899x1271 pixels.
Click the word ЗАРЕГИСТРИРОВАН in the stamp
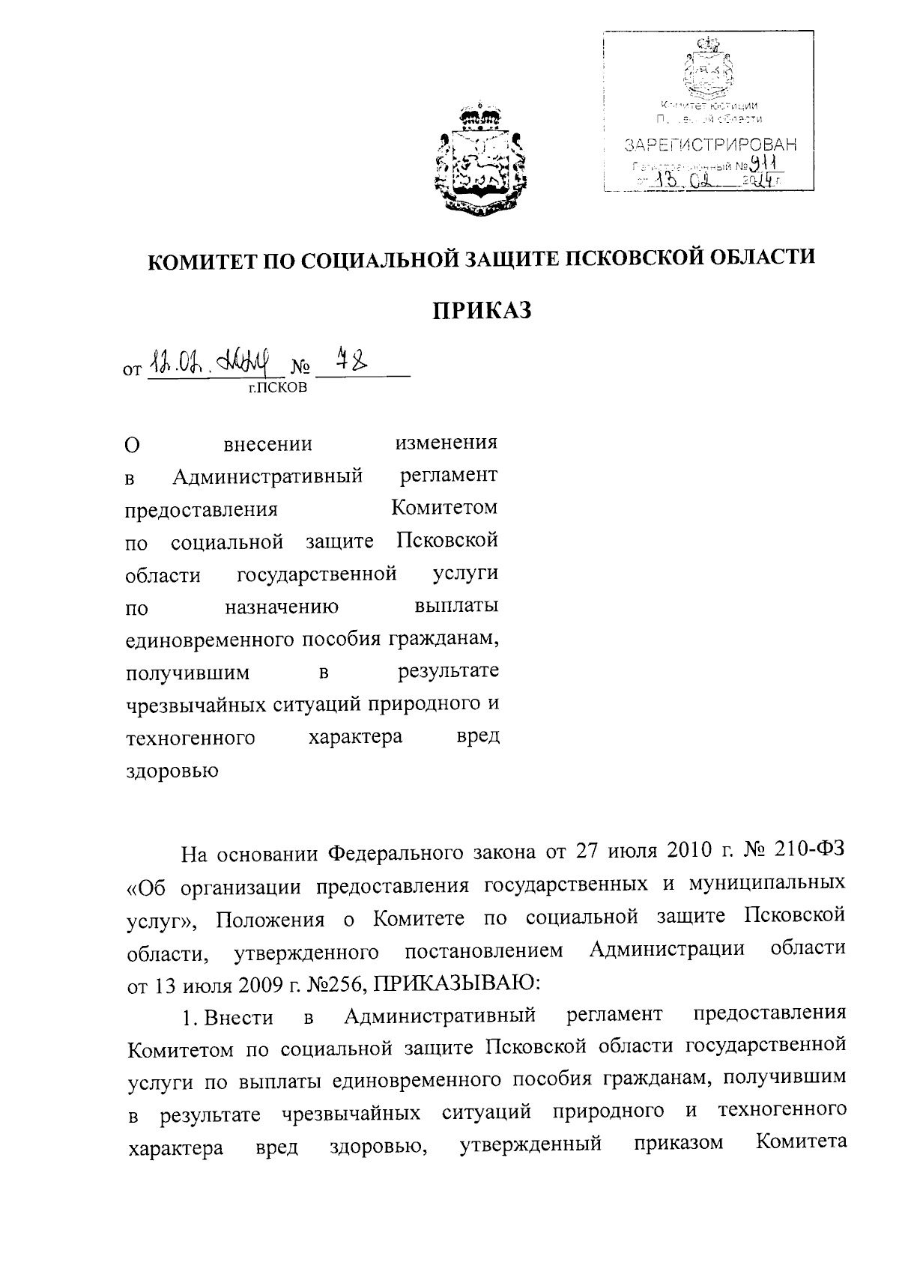[x=710, y=144]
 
